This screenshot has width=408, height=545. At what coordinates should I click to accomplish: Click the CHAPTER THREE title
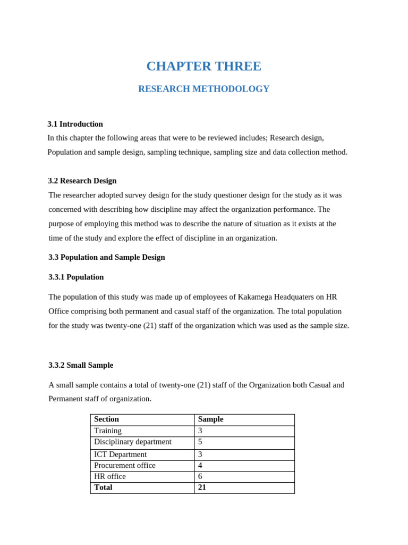point(203,66)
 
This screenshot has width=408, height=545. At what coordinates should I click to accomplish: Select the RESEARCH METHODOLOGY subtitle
point(203,89)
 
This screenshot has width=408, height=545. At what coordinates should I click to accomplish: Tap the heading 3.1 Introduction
point(75,124)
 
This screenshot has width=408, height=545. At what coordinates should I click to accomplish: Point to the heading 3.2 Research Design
point(82,181)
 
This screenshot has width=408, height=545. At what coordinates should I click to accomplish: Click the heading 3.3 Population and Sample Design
point(106,258)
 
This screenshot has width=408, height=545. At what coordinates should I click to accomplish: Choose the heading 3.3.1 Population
point(76,277)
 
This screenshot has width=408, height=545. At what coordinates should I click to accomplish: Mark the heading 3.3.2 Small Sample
point(81,365)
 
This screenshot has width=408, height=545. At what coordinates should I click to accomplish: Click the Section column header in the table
point(106,419)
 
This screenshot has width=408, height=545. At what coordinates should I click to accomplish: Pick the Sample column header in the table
point(210,419)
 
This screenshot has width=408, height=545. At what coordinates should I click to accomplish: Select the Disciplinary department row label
point(132,442)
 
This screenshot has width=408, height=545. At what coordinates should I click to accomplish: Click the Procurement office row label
point(124,466)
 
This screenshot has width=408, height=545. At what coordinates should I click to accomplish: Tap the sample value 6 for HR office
point(200,477)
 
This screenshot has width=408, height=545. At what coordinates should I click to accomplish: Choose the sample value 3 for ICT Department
point(200,455)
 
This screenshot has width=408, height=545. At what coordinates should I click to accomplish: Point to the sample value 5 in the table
point(200,442)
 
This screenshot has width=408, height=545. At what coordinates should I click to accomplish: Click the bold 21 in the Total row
point(202,488)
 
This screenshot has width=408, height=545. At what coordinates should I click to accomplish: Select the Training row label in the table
point(107,431)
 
